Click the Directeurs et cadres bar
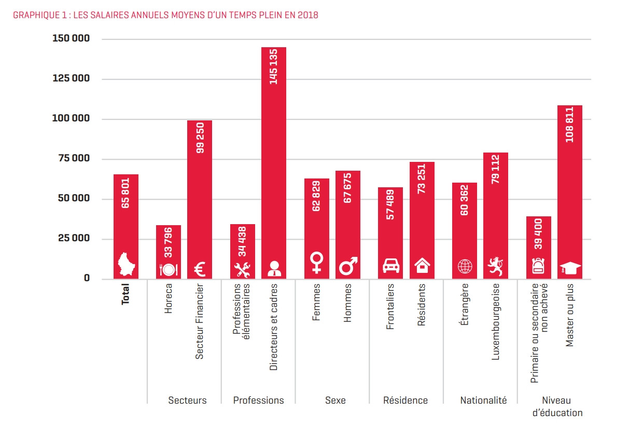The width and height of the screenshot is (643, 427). coord(273,171)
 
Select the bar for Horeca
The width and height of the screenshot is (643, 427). coord(169,244)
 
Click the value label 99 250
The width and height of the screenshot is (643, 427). coord(200,138)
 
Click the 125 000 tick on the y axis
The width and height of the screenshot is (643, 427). coord(71,79)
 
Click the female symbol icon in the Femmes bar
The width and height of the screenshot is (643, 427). coord(316,263)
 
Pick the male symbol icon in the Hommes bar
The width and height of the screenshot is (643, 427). coord(348,266)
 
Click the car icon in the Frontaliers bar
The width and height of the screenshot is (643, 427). coord(390,266)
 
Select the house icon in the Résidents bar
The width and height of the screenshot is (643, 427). coord(422,266)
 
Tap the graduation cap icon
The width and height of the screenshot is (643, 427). coord(570,268)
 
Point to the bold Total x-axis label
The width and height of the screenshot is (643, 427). coord(126,293)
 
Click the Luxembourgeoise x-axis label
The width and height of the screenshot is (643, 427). coord(496,322)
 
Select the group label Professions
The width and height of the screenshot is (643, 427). coord(258,401)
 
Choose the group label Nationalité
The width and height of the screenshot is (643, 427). coord(483,401)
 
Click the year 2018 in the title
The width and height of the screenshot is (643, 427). coord(308,15)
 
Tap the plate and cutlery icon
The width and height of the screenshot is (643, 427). coord(169,269)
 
